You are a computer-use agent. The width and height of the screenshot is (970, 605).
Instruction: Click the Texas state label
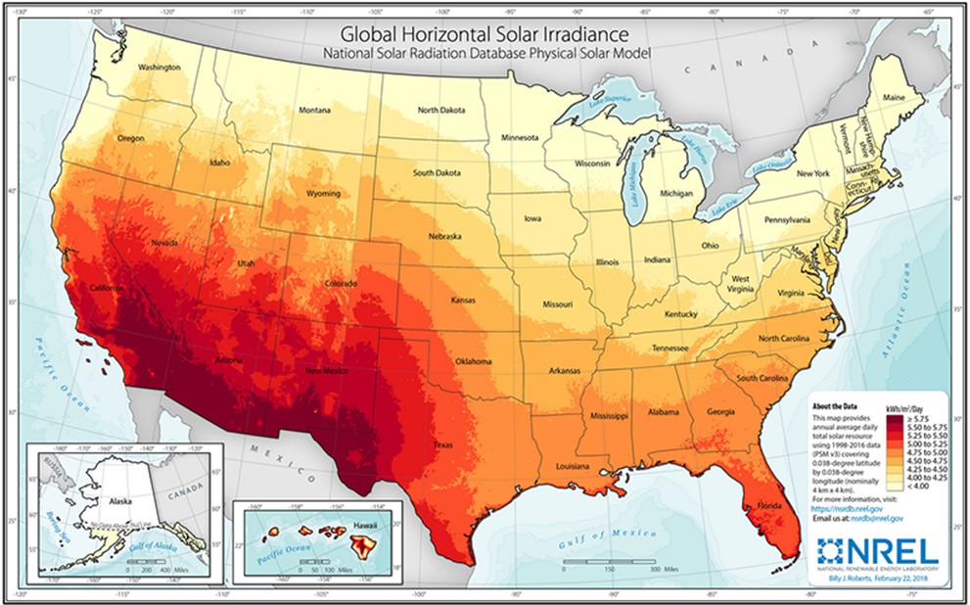[443, 444]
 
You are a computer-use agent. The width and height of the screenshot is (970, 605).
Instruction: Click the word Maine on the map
[894, 98]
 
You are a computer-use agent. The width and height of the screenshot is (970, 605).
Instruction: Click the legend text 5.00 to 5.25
[923, 442]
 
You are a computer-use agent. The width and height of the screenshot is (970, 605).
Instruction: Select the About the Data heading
[836, 405]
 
